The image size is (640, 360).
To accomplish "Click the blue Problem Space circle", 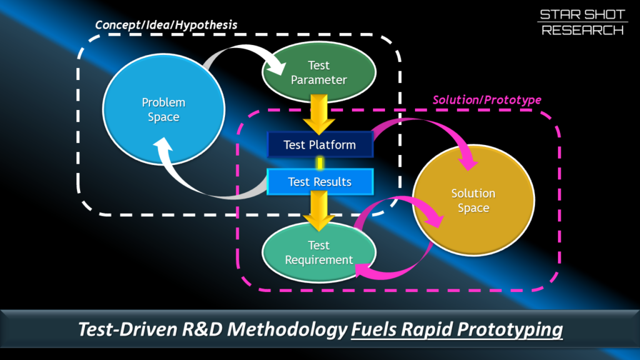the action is tap(164, 109).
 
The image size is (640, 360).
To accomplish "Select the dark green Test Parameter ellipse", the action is tap(319, 72).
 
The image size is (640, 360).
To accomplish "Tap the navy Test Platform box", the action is tap(320, 144).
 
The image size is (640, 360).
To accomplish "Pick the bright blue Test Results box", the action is tap(320, 182).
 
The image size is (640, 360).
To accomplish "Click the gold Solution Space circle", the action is tap(474, 201).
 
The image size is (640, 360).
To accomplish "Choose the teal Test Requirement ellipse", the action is tap(319, 252).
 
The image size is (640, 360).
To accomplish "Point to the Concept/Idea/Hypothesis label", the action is tap(166, 25).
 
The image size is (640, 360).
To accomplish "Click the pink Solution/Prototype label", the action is tap(487, 100).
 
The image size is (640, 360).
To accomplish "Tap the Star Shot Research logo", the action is tap(582, 22).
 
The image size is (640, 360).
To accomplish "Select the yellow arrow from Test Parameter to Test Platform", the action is tap(319, 114).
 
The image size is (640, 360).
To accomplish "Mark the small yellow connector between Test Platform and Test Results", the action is tap(320, 163).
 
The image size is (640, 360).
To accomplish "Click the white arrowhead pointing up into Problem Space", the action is tap(163, 145).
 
